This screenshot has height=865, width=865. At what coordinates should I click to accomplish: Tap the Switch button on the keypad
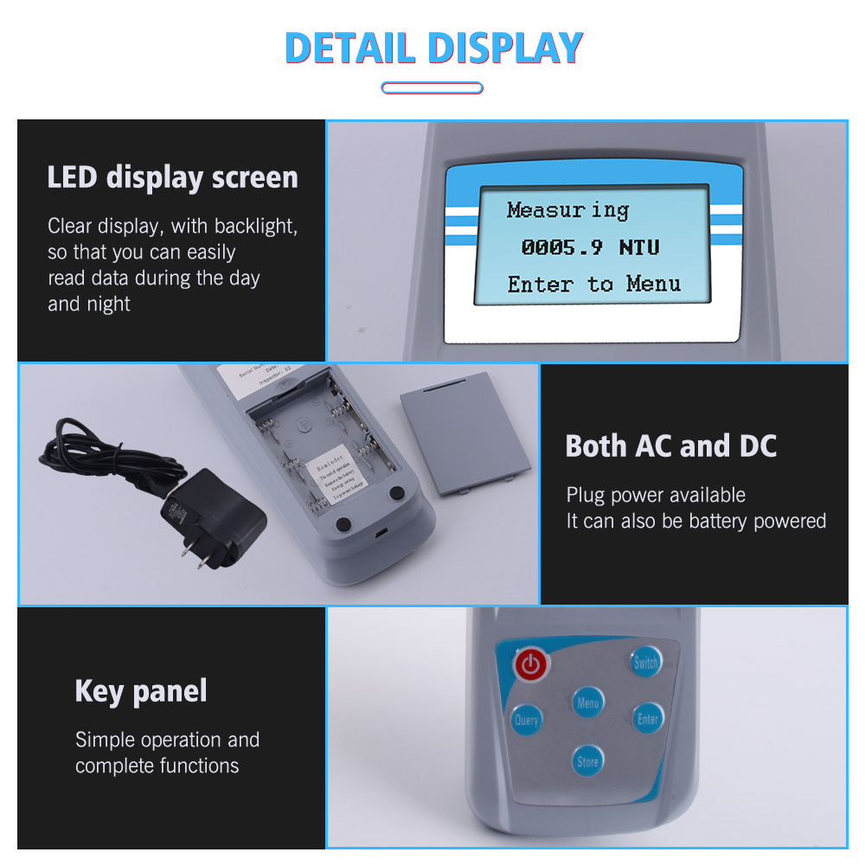tap(644, 663)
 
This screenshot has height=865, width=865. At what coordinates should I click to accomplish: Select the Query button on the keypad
tap(526, 719)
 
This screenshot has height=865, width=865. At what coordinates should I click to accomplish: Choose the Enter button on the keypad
tap(647, 718)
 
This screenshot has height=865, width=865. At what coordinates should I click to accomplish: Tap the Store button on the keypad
tap(587, 761)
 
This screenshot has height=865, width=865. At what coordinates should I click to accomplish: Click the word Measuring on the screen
tap(567, 210)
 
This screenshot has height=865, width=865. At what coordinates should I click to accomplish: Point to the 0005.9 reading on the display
tap(561, 247)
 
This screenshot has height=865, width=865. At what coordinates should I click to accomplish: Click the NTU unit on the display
tap(639, 247)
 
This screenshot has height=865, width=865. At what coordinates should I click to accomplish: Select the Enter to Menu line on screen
tap(593, 284)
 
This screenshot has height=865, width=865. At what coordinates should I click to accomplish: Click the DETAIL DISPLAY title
tap(433, 48)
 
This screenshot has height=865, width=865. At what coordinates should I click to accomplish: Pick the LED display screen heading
tap(172, 177)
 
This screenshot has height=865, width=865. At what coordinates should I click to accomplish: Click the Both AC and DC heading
tap(670, 446)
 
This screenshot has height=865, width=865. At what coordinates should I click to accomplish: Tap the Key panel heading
tap(141, 691)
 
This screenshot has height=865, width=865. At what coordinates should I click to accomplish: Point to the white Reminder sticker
tap(334, 472)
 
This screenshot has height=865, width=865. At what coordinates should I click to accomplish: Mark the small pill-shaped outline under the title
tap(432, 87)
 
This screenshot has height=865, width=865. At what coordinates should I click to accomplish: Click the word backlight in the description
tap(255, 227)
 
